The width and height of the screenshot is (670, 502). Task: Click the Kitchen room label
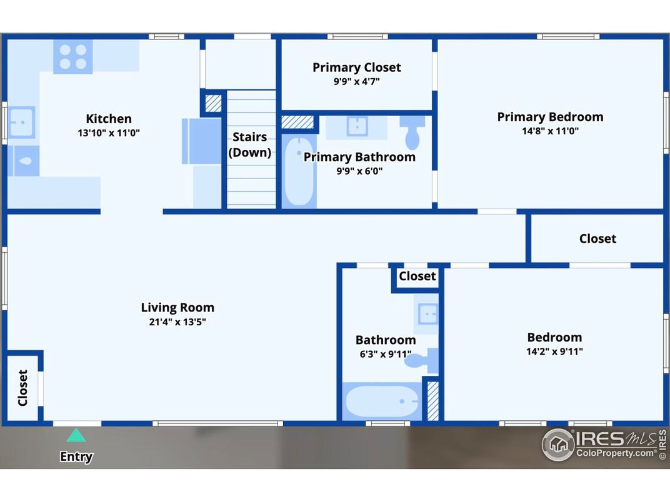(109, 119)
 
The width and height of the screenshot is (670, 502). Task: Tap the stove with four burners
(73, 57)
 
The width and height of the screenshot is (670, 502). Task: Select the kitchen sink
(21, 122)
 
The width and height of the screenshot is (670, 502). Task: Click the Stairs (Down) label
(250, 145)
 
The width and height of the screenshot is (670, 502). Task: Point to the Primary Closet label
(357, 67)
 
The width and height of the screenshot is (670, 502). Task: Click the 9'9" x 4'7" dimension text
(357, 82)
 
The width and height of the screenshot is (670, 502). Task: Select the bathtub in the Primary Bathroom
(299, 171)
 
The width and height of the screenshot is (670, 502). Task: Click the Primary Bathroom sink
(357, 126)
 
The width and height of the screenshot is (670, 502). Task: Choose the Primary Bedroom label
(551, 117)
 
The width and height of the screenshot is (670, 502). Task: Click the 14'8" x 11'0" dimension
(551, 131)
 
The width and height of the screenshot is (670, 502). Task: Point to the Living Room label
(177, 307)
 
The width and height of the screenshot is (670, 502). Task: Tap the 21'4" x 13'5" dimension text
(177, 322)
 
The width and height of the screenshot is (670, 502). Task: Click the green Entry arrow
(76, 435)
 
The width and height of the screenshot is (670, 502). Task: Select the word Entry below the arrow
(76, 456)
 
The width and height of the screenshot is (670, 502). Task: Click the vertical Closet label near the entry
(22, 388)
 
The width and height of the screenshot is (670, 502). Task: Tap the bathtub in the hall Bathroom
(382, 401)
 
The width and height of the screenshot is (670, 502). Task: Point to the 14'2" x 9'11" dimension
(554, 352)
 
